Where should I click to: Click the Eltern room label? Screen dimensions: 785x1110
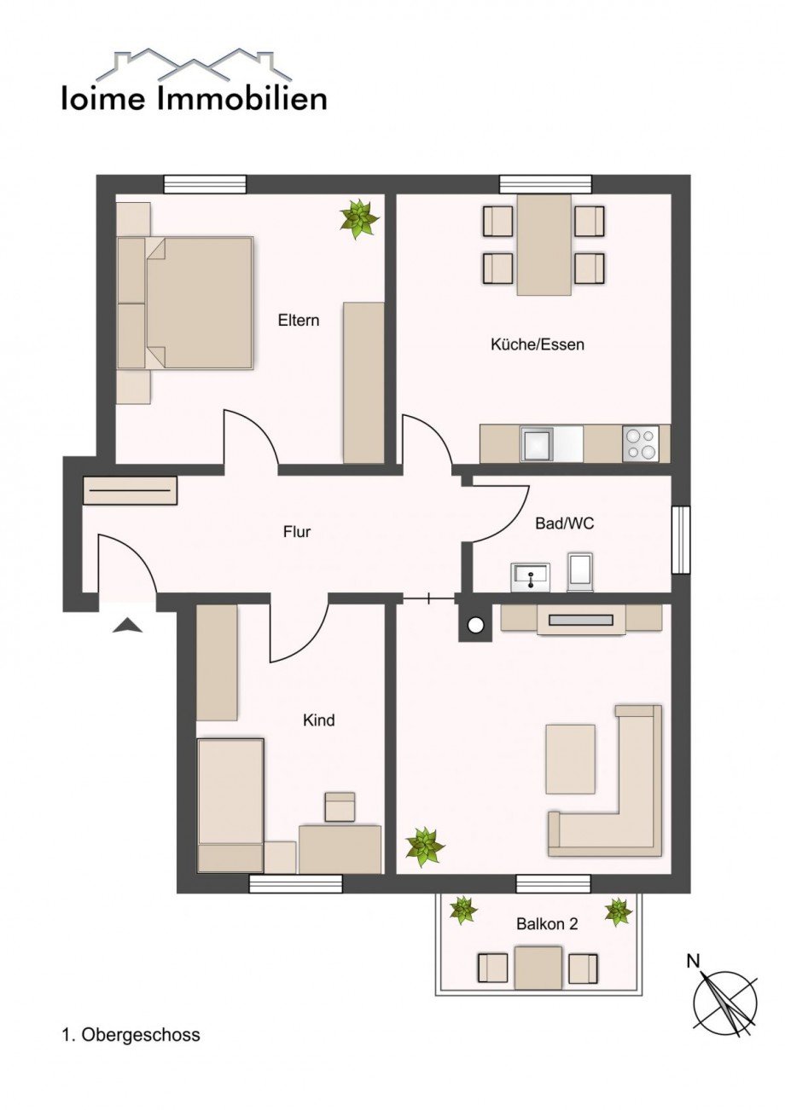tap(298, 321)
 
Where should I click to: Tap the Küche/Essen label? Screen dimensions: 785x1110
tap(537, 344)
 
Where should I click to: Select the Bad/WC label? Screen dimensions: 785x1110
tap(564, 523)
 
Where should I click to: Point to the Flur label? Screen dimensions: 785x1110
tap(297, 532)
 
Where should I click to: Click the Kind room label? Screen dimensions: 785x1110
tap(319, 720)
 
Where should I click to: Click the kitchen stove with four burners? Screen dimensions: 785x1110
tap(641, 443)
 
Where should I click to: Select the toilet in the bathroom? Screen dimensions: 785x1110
tap(580, 571)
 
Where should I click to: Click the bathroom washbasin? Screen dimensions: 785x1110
tap(530, 577)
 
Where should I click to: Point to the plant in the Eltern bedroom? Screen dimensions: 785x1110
tap(359, 218)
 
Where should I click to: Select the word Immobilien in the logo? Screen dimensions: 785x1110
tap(241, 100)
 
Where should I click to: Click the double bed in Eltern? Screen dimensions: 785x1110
tap(185, 303)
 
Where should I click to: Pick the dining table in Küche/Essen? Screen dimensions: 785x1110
tap(544, 245)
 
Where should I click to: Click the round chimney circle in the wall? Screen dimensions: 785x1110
tap(476, 626)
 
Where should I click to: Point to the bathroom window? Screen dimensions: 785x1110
tap(681, 541)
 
